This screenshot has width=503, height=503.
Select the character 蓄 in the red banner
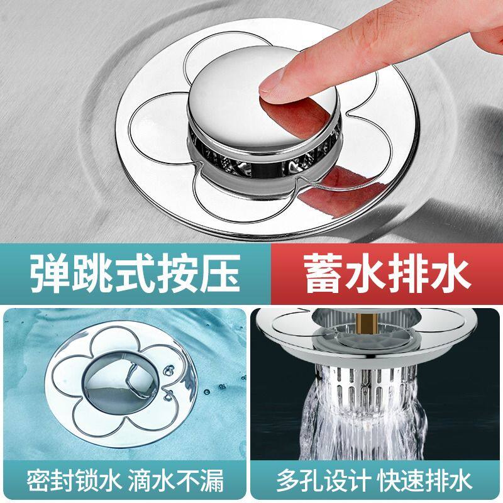click(323, 273)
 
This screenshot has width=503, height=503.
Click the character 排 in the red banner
click(409, 273)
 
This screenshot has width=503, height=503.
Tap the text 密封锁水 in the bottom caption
click(74, 481)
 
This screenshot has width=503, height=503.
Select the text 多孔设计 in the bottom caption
click(323, 481)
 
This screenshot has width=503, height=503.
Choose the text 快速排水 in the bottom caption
click(426, 481)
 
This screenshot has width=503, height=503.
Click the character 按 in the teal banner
click(178, 273)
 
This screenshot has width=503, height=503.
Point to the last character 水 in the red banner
click(451, 273)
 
